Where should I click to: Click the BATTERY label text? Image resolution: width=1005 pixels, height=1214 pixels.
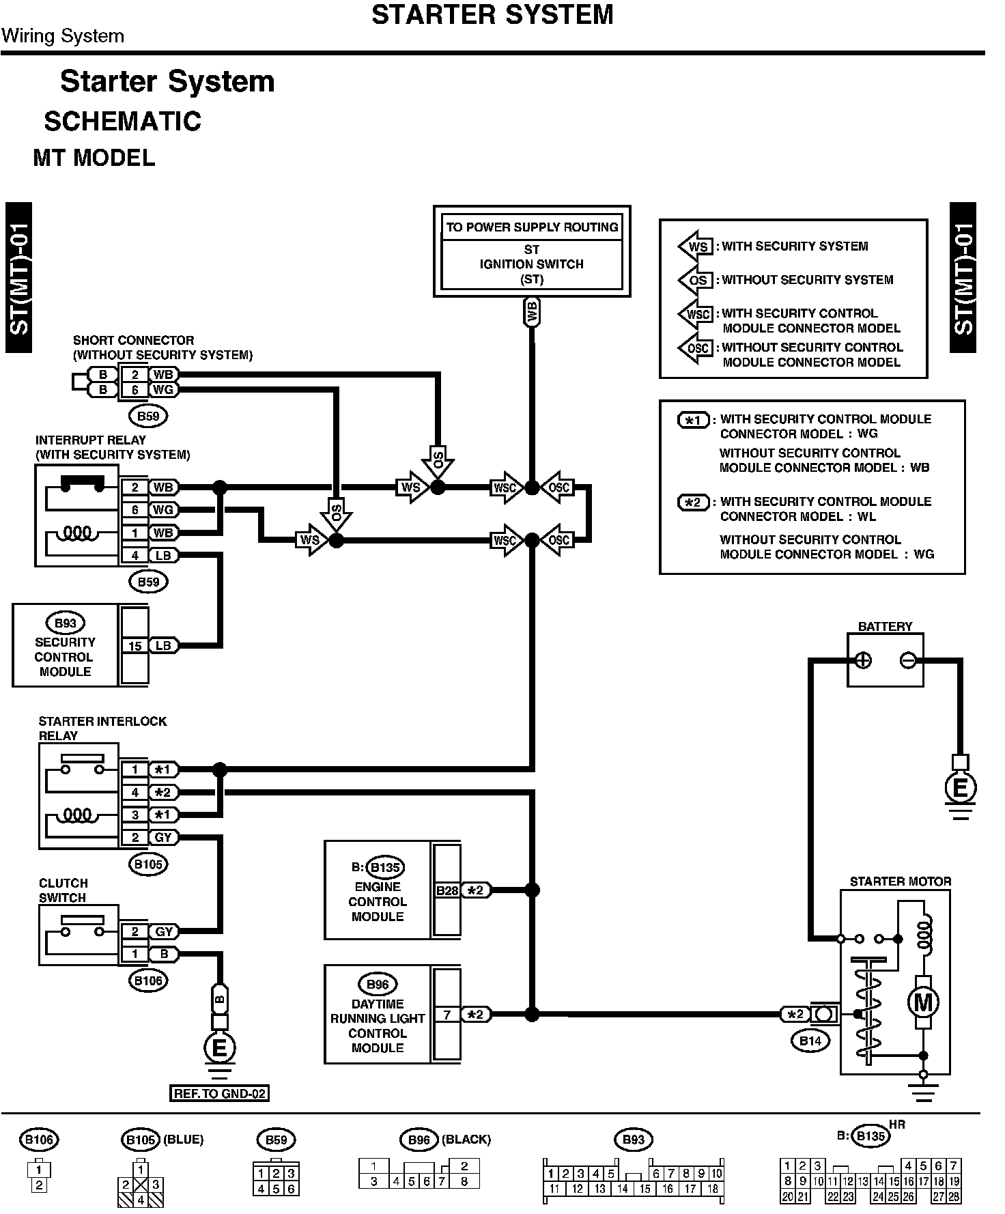885,626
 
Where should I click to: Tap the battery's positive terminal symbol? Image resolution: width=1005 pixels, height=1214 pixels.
863,660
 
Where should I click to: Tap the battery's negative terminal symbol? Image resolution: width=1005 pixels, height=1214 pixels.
907,660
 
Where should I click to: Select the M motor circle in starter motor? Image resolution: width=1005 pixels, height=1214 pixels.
922,1002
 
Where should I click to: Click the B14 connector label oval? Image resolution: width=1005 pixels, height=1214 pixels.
810,1041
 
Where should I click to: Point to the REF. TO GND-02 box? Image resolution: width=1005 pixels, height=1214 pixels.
219,1093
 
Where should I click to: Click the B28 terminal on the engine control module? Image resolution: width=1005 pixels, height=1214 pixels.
447,890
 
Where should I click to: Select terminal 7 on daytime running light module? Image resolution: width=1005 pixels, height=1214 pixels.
447,1015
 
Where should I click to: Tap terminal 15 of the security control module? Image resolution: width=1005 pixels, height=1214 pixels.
135,646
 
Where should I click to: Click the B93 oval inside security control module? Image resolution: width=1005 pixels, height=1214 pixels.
66,623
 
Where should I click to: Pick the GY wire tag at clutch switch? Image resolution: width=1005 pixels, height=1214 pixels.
163,931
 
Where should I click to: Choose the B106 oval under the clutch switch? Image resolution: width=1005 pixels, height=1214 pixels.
148,980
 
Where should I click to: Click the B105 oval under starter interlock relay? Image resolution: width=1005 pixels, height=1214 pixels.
148,864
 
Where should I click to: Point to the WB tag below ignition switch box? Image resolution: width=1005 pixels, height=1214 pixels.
532,312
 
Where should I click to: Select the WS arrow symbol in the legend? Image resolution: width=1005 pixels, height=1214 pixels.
695,246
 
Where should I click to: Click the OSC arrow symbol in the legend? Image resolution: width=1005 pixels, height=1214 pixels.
695,348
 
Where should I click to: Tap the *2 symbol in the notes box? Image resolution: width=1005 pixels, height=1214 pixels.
693,503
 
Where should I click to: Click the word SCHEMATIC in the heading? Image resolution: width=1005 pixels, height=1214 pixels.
123,122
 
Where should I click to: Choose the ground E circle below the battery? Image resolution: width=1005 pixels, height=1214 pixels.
959,789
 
